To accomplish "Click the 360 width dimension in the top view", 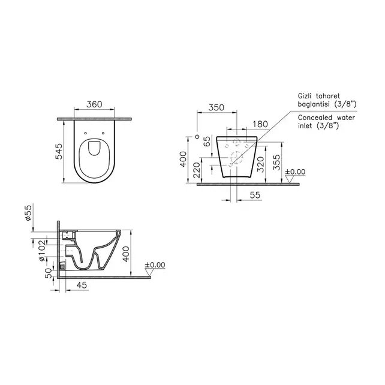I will pos(93,104).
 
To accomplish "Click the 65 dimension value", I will pos(207,143).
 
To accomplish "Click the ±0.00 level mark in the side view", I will pos(155,264).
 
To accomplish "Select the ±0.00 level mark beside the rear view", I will pos(294,172).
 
